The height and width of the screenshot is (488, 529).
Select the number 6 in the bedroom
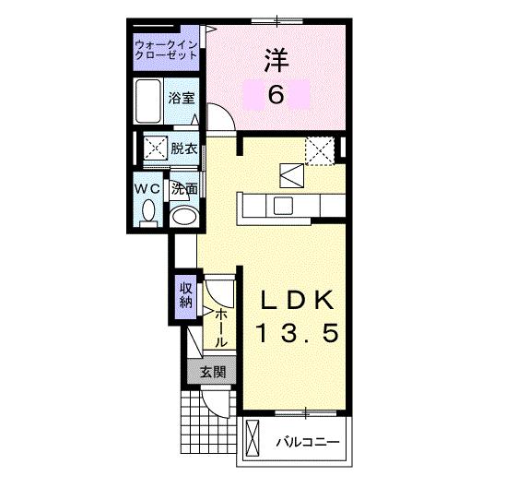pos(275,95)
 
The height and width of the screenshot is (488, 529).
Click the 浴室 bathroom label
pos(181,97)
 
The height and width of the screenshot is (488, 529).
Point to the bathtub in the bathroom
pos(148,101)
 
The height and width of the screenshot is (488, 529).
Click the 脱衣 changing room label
pos(182,149)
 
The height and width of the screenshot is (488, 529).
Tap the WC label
pos(148,188)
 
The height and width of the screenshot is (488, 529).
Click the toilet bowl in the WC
pos(148,211)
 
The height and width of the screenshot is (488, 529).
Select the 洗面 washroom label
pos(184,189)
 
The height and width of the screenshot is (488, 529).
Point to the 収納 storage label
pos(185,294)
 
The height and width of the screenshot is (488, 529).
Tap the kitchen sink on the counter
pos(282,205)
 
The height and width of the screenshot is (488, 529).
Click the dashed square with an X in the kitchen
pos(319,150)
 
